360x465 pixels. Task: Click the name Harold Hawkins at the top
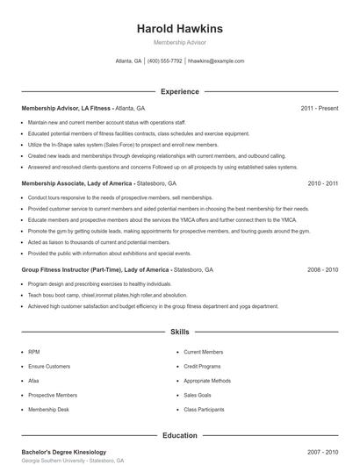coord(179,27)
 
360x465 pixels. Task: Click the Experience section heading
coord(180,91)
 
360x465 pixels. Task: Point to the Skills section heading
coord(180,333)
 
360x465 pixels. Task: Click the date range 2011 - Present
coord(319,108)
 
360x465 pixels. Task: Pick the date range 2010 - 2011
coord(322,184)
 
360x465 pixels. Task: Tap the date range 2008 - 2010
coord(322,270)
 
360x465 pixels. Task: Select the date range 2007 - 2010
coord(322,451)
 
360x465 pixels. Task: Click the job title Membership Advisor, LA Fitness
coord(66,108)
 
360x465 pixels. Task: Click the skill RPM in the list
coord(34,351)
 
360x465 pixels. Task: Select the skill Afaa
coord(35,381)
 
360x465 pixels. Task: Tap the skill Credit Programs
coord(204,366)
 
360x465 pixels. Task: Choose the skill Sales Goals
coord(198,396)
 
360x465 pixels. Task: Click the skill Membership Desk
coord(47,410)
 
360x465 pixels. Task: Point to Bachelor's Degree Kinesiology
coord(67,451)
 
